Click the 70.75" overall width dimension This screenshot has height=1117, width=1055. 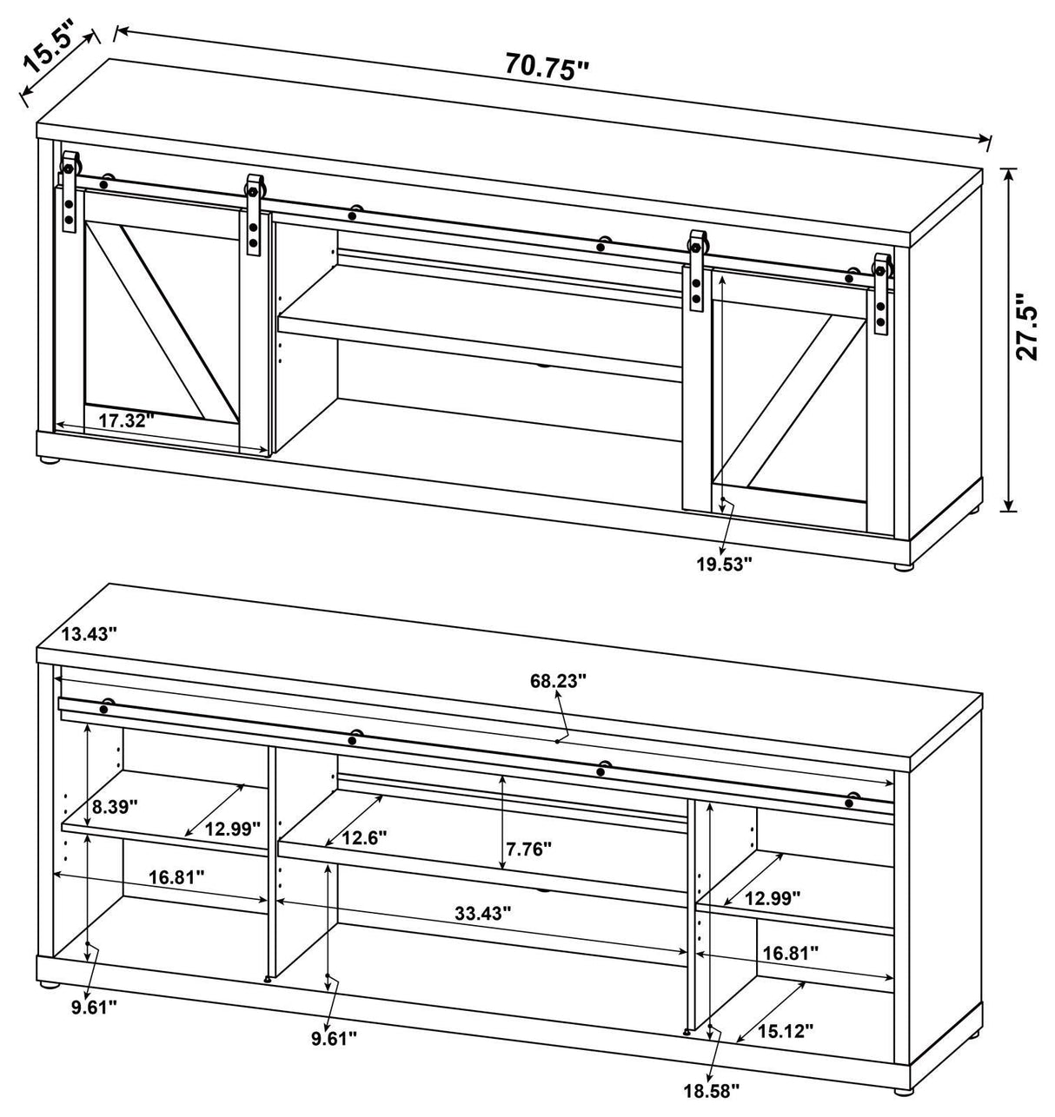click(x=547, y=67)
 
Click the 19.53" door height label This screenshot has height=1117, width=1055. click(x=723, y=563)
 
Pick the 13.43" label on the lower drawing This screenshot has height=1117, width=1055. click(x=90, y=634)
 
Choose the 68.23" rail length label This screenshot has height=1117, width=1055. click(x=558, y=679)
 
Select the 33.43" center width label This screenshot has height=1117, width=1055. click(x=482, y=913)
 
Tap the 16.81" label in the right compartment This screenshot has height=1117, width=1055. click(x=790, y=953)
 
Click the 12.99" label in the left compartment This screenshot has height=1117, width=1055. click(x=232, y=828)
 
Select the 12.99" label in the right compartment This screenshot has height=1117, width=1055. click(x=772, y=896)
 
